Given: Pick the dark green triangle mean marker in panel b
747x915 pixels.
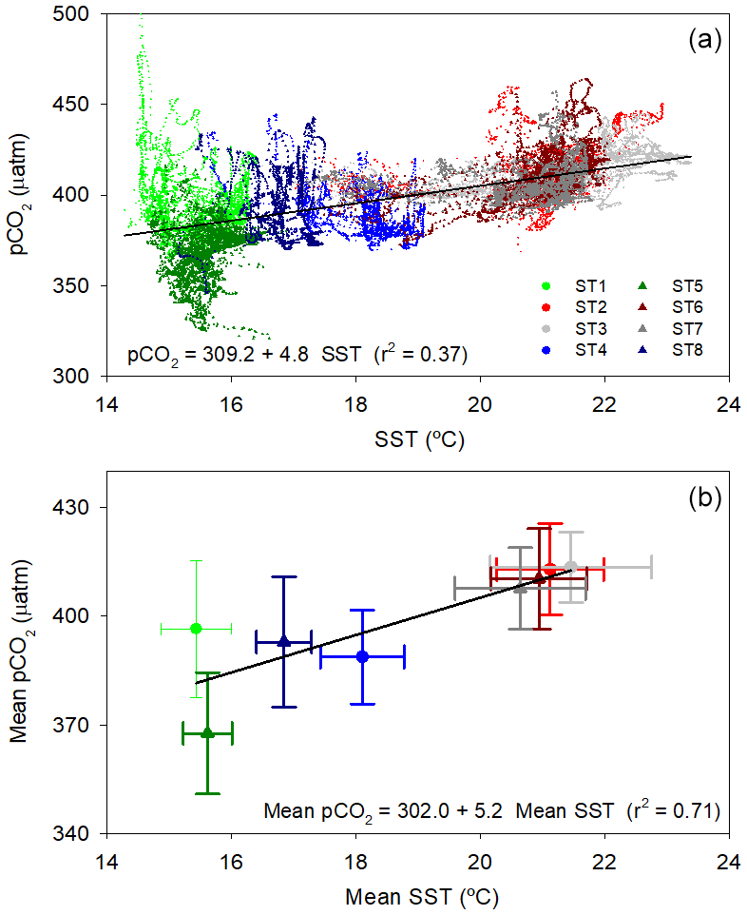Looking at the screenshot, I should click(208, 732).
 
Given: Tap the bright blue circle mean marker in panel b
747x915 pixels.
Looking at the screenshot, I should click(362, 656).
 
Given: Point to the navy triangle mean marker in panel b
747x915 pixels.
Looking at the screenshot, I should click(283, 641).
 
